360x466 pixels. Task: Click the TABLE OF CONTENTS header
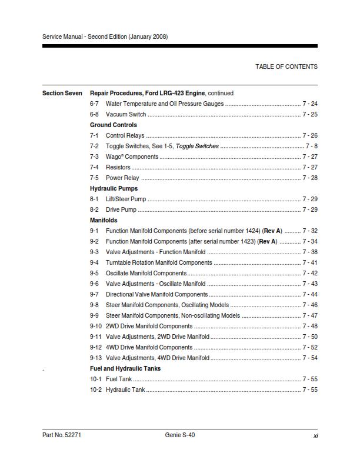(x=286, y=66)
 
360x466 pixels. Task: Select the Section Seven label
(x=62, y=93)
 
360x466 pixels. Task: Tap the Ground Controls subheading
(x=113, y=125)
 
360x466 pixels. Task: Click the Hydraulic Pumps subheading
(x=114, y=188)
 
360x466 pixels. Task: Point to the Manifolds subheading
(x=104, y=220)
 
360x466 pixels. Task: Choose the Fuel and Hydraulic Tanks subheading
(x=125, y=368)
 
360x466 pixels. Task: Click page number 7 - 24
(x=310, y=104)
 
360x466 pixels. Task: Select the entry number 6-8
(x=94, y=114)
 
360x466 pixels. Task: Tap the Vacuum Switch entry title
(x=126, y=114)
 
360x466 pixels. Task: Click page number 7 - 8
(x=312, y=146)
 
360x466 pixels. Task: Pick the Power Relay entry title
(x=122, y=178)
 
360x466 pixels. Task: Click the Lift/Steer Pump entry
(x=126, y=199)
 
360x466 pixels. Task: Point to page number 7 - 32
(x=310, y=231)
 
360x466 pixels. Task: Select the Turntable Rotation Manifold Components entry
(x=159, y=262)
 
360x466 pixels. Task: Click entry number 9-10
(x=96, y=326)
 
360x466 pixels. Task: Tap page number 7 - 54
(x=310, y=358)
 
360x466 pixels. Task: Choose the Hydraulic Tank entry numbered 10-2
(x=125, y=390)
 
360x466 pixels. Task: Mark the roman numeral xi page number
(x=316, y=435)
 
